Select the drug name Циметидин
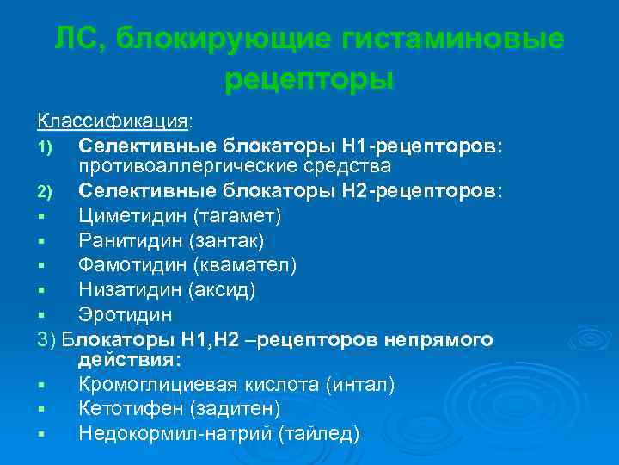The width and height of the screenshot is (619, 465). [x=132, y=214]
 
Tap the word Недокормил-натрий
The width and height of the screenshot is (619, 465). [x=175, y=433]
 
